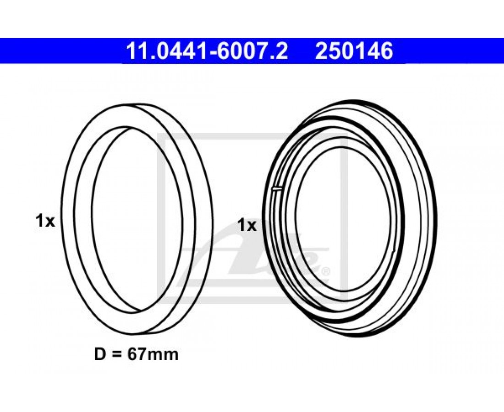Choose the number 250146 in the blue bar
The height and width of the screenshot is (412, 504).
pos(354,51)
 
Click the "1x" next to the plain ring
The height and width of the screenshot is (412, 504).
pos(45,221)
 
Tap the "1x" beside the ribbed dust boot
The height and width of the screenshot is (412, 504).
pos(247,225)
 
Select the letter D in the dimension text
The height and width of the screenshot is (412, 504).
pos(100,354)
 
